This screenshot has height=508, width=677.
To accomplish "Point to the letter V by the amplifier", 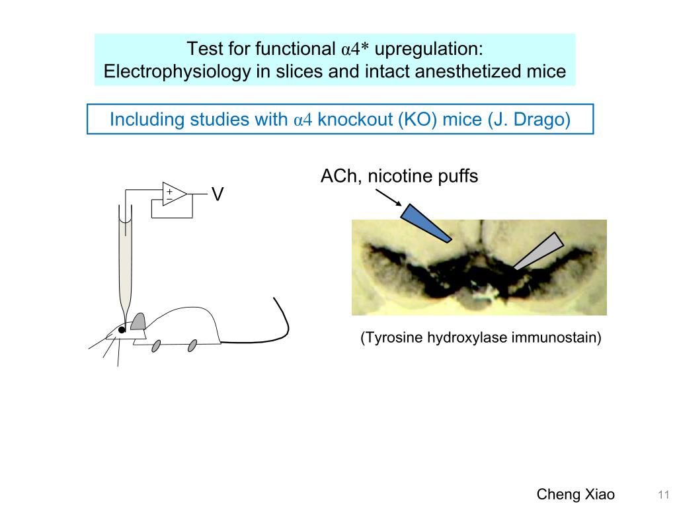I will (x=217, y=194).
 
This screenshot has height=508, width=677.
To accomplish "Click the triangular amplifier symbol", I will (x=174, y=194).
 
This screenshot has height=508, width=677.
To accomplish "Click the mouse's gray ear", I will (x=138, y=321).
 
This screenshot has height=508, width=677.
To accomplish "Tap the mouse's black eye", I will (x=122, y=329).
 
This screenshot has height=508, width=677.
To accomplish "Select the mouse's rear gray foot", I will (x=192, y=345).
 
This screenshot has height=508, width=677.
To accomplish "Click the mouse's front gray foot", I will (x=156, y=345).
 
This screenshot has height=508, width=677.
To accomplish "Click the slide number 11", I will (x=664, y=495).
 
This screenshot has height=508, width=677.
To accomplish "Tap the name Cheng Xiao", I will (x=575, y=494).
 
